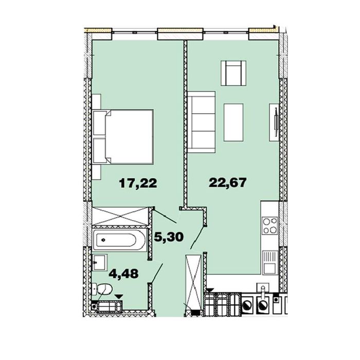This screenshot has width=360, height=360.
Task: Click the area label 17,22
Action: click(138, 183)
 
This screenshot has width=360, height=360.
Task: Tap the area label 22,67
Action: click(227, 183)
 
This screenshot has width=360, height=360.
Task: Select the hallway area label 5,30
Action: click(169, 237)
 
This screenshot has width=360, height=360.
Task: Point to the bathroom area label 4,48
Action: click(123, 274)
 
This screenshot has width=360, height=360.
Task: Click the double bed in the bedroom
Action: click(123, 137)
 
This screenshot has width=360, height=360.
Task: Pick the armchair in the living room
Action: click(233, 73)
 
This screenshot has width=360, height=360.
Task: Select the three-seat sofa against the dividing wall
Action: click(202, 122)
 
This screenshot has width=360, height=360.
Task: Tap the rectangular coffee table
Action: click(233, 122)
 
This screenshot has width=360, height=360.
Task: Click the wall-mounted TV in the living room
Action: click(276, 122)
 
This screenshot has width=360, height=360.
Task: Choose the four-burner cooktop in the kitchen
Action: click(270, 226)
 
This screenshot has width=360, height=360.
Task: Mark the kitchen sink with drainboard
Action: click(270, 263)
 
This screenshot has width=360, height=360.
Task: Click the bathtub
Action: click(119, 240)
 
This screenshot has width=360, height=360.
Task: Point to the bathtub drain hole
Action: click(103, 240)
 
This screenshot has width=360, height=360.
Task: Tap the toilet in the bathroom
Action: click(102, 289)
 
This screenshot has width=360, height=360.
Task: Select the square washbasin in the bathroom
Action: click(99, 262)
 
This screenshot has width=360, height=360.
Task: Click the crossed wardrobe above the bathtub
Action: click(120, 216)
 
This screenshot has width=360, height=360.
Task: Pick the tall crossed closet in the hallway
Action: click(193, 282)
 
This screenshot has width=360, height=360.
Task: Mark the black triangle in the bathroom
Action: click(119, 297)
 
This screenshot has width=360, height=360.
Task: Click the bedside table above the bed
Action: click(97, 101)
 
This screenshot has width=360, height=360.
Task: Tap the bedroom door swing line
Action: click(165, 216)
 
